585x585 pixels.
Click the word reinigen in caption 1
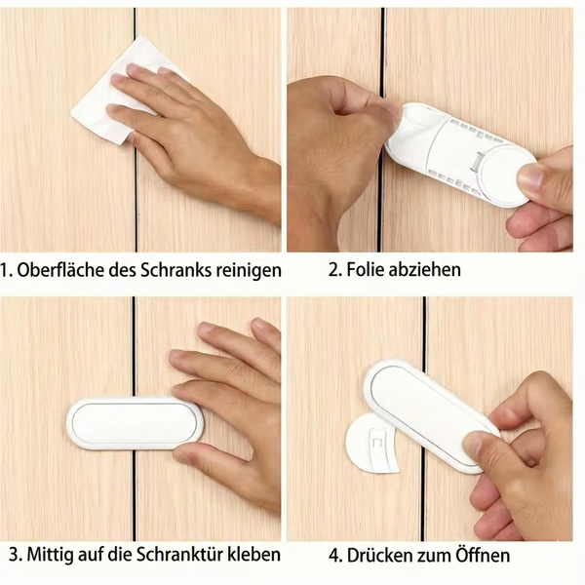tap(248, 269)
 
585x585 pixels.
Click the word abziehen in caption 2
tap(426, 269)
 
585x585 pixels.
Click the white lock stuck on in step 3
tap(135, 423)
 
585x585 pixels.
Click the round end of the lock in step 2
tap(502, 171)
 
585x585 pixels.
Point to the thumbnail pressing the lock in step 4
tap(475, 445)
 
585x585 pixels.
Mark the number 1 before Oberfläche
tap(8, 269)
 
